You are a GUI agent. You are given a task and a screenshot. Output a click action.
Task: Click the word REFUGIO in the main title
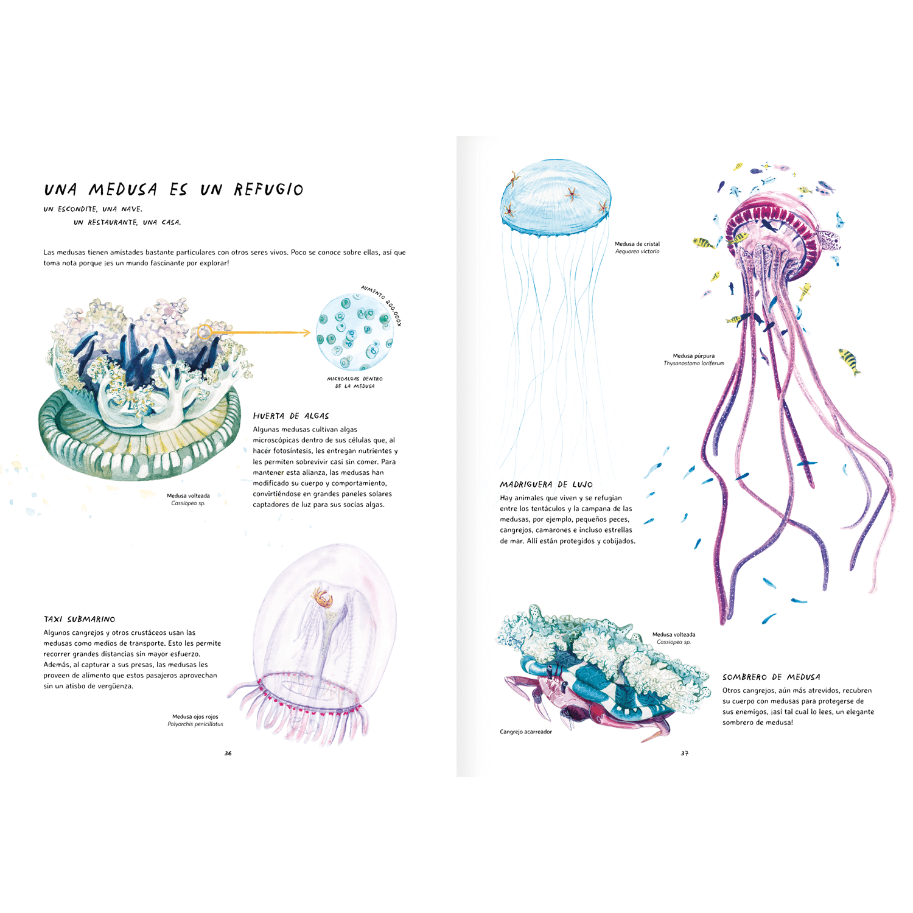268,190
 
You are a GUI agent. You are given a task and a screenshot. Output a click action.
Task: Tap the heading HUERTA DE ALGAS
291,416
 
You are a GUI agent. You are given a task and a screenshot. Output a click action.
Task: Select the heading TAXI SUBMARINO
79,620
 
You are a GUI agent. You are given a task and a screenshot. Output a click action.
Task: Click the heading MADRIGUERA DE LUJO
546,484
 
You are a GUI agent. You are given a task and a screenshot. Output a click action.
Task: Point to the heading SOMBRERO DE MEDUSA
771,677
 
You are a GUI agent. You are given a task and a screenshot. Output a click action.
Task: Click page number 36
228,754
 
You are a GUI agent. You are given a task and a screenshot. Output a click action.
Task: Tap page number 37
684,754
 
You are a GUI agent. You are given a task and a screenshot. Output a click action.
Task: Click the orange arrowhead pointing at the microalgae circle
306,332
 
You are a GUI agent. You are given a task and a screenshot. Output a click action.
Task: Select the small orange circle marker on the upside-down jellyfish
205,332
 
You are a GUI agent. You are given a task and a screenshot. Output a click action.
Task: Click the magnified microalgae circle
354,332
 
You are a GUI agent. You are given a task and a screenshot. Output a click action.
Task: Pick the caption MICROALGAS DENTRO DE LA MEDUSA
355,382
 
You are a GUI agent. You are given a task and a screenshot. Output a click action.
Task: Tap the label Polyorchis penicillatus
195,724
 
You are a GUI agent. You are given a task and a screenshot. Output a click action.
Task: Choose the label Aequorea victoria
637,251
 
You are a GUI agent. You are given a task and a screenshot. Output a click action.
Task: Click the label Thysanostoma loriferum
694,363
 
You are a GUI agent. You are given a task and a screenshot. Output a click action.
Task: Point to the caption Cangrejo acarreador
526,732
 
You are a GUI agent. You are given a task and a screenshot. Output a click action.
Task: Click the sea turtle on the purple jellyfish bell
830,239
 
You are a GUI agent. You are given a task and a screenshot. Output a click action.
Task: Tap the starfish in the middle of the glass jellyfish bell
571,195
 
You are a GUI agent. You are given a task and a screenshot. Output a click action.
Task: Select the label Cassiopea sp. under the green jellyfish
188,503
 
